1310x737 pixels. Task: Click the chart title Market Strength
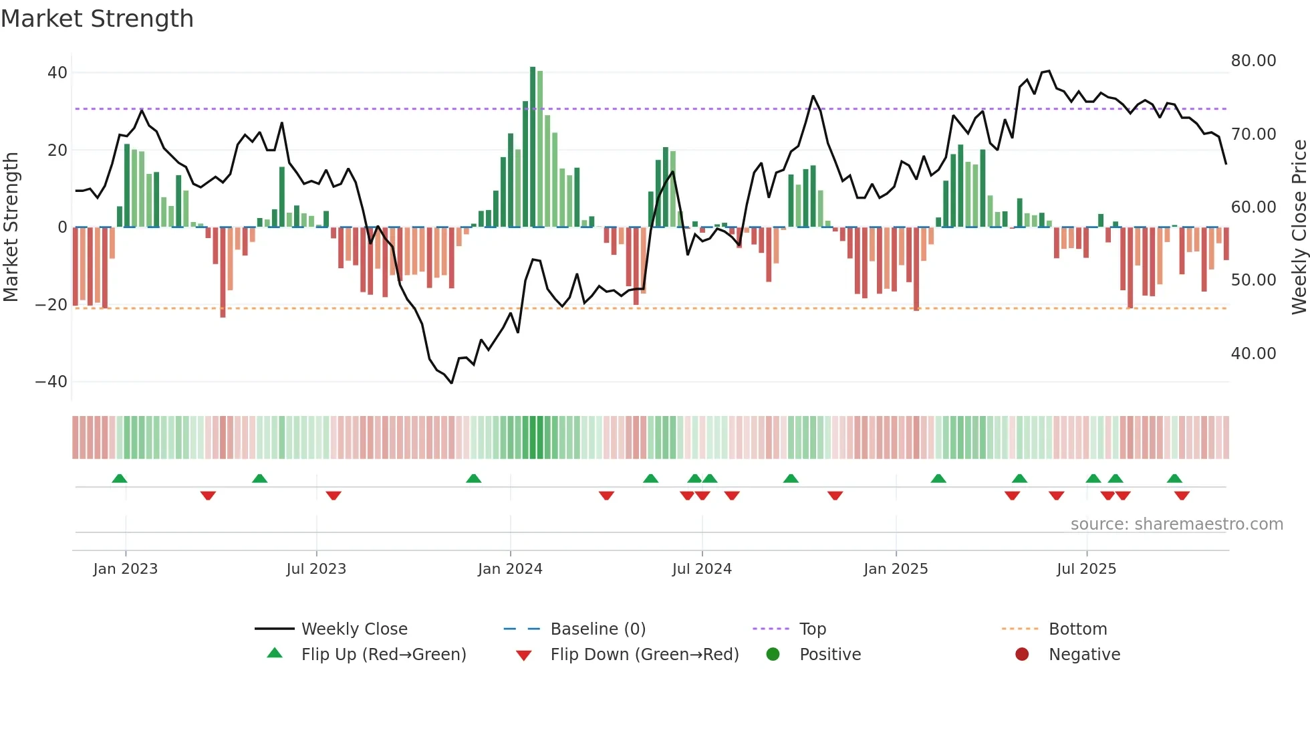(97, 19)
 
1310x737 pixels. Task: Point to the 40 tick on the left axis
(57, 72)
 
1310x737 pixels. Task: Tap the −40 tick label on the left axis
(51, 382)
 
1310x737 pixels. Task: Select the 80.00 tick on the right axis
(1253, 61)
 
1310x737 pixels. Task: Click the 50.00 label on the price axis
(1253, 280)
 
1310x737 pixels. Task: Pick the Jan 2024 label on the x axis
(510, 569)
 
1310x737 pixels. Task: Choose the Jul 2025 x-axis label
(1086, 569)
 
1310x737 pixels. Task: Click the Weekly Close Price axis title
(1299, 227)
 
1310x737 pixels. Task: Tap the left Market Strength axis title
(11, 227)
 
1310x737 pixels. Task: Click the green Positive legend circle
(773, 655)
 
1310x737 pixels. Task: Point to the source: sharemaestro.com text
(1176, 524)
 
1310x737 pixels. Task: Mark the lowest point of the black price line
(452, 383)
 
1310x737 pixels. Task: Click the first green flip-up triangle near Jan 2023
(120, 479)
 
